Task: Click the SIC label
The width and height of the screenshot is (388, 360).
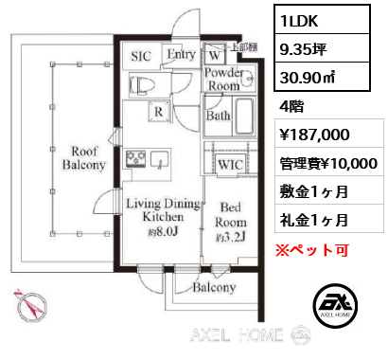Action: [x=141, y=56]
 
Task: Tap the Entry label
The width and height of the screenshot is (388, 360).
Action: [x=182, y=54]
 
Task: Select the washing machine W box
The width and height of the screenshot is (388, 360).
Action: [x=215, y=54]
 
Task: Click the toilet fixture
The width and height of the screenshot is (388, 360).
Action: [x=142, y=85]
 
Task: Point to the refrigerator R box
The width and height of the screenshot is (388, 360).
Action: [x=159, y=112]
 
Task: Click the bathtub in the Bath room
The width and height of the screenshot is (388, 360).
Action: [x=244, y=117]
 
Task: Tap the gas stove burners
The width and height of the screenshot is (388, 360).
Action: [x=136, y=158]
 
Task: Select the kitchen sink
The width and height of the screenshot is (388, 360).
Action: [x=160, y=159]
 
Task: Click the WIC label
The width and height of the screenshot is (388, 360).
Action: [x=231, y=165]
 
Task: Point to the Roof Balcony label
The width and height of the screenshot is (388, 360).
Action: [x=84, y=158]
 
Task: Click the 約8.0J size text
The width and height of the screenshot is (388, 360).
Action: [x=164, y=232]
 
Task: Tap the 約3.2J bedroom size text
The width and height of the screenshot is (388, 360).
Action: [x=231, y=238]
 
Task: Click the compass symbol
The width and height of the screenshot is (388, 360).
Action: [x=31, y=305]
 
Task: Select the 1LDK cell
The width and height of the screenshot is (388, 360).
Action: [x=322, y=19]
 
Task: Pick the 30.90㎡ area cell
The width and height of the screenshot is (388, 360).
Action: [x=322, y=77]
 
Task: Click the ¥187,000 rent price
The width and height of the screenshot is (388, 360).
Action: [x=315, y=135]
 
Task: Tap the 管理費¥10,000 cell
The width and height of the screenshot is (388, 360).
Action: [x=329, y=163]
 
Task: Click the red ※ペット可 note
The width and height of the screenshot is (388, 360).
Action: [x=312, y=250]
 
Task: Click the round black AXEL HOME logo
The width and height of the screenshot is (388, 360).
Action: [x=336, y=305]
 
